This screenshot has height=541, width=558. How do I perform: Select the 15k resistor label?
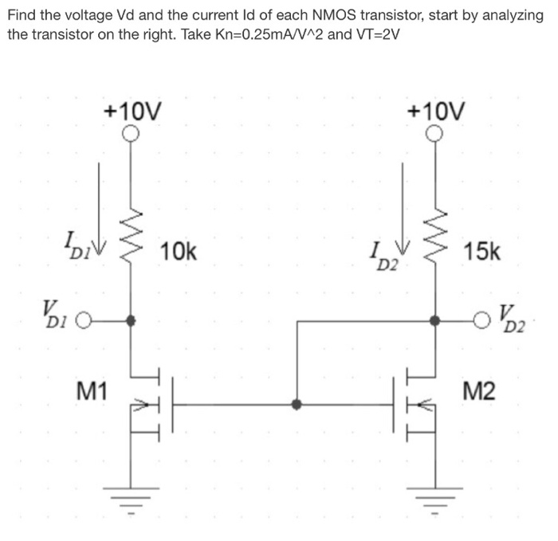click(x=483, y=252)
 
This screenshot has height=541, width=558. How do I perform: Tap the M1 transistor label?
click(x=92, y=390)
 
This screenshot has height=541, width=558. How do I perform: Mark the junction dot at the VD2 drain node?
click(x=435, y=322)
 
